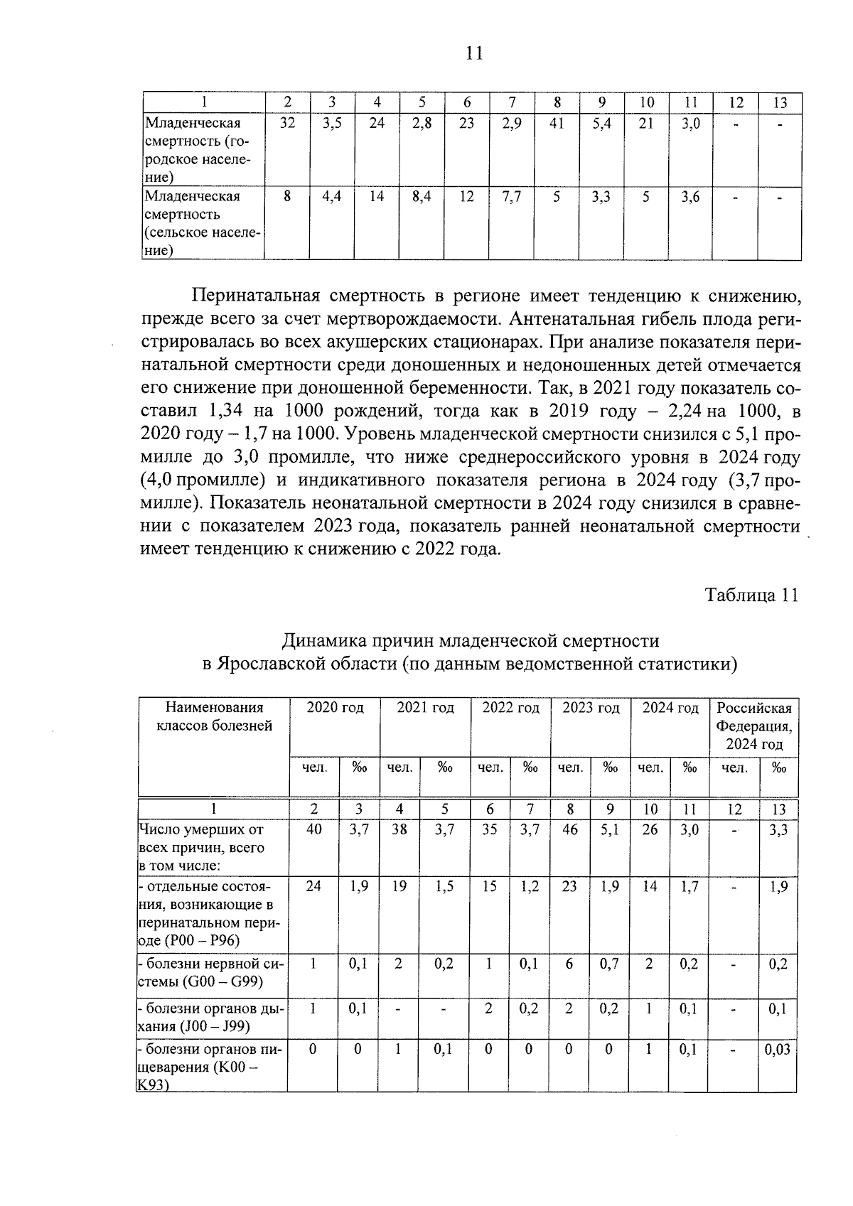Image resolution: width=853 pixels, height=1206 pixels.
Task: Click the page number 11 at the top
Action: click(x=475, y=53)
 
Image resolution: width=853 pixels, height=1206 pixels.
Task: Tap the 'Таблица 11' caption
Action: click(x=751, y=595)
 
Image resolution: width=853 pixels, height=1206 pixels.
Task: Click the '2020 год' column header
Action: click(x=335, y=708)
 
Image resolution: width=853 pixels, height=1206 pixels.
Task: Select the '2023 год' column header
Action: click(x=591, y=708)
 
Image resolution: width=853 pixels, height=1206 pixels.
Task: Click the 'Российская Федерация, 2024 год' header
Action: click(x=753, y=726)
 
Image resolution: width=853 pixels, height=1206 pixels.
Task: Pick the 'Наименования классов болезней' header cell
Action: click(x=214, y=716)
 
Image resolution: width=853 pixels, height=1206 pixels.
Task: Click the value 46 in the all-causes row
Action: click(x=569, y=829)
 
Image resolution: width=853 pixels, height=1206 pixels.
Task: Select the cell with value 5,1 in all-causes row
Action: click(x=610, y=829)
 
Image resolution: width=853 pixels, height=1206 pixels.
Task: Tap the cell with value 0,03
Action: click(x=778, y=1050)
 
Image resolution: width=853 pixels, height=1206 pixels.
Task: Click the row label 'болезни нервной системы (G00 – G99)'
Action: click(x=211, y=973)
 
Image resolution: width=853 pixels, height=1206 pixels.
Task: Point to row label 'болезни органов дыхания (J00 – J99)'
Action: click(x=211, y=1017)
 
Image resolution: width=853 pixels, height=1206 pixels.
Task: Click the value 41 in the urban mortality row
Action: click(x=557, y=123)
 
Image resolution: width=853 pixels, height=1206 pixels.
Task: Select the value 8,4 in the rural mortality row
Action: click(x=422, y=197)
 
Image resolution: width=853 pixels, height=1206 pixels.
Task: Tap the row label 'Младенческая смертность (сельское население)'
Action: click(x=203, y=222)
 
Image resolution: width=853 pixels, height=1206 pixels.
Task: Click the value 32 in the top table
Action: click(x=287, y=123)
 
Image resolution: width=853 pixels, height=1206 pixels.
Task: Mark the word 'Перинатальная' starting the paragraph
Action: click(x=245, y=296)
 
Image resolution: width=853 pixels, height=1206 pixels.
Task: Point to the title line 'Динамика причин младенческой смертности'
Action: click(x=471, y=641)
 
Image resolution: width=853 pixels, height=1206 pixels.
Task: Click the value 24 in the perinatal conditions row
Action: click(x=313, y=886)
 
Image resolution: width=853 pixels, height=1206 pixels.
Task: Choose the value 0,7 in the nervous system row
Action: click(x=610, y=964)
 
